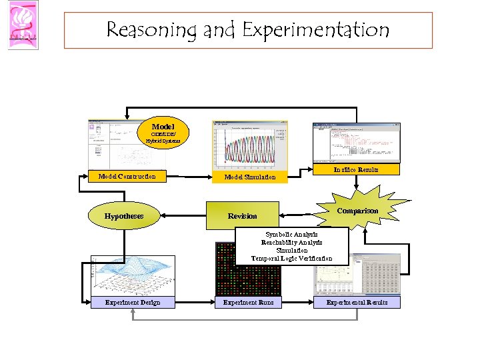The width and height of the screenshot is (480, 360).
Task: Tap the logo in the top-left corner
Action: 23,25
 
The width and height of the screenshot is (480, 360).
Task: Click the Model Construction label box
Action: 127,177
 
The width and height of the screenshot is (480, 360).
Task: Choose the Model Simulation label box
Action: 249,177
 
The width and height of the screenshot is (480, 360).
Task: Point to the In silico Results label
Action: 356,170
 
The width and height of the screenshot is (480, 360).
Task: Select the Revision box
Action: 242,215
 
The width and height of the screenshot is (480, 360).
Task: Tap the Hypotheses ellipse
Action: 124,216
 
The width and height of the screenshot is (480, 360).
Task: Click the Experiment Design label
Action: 132,303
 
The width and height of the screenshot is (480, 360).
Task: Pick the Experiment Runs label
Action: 248,303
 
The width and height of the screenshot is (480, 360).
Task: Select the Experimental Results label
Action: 357,303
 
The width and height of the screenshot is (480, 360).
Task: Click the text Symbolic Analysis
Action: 291,235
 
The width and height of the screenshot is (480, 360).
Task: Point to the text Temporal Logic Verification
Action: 291,258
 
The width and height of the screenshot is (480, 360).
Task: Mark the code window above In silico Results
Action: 356,142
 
